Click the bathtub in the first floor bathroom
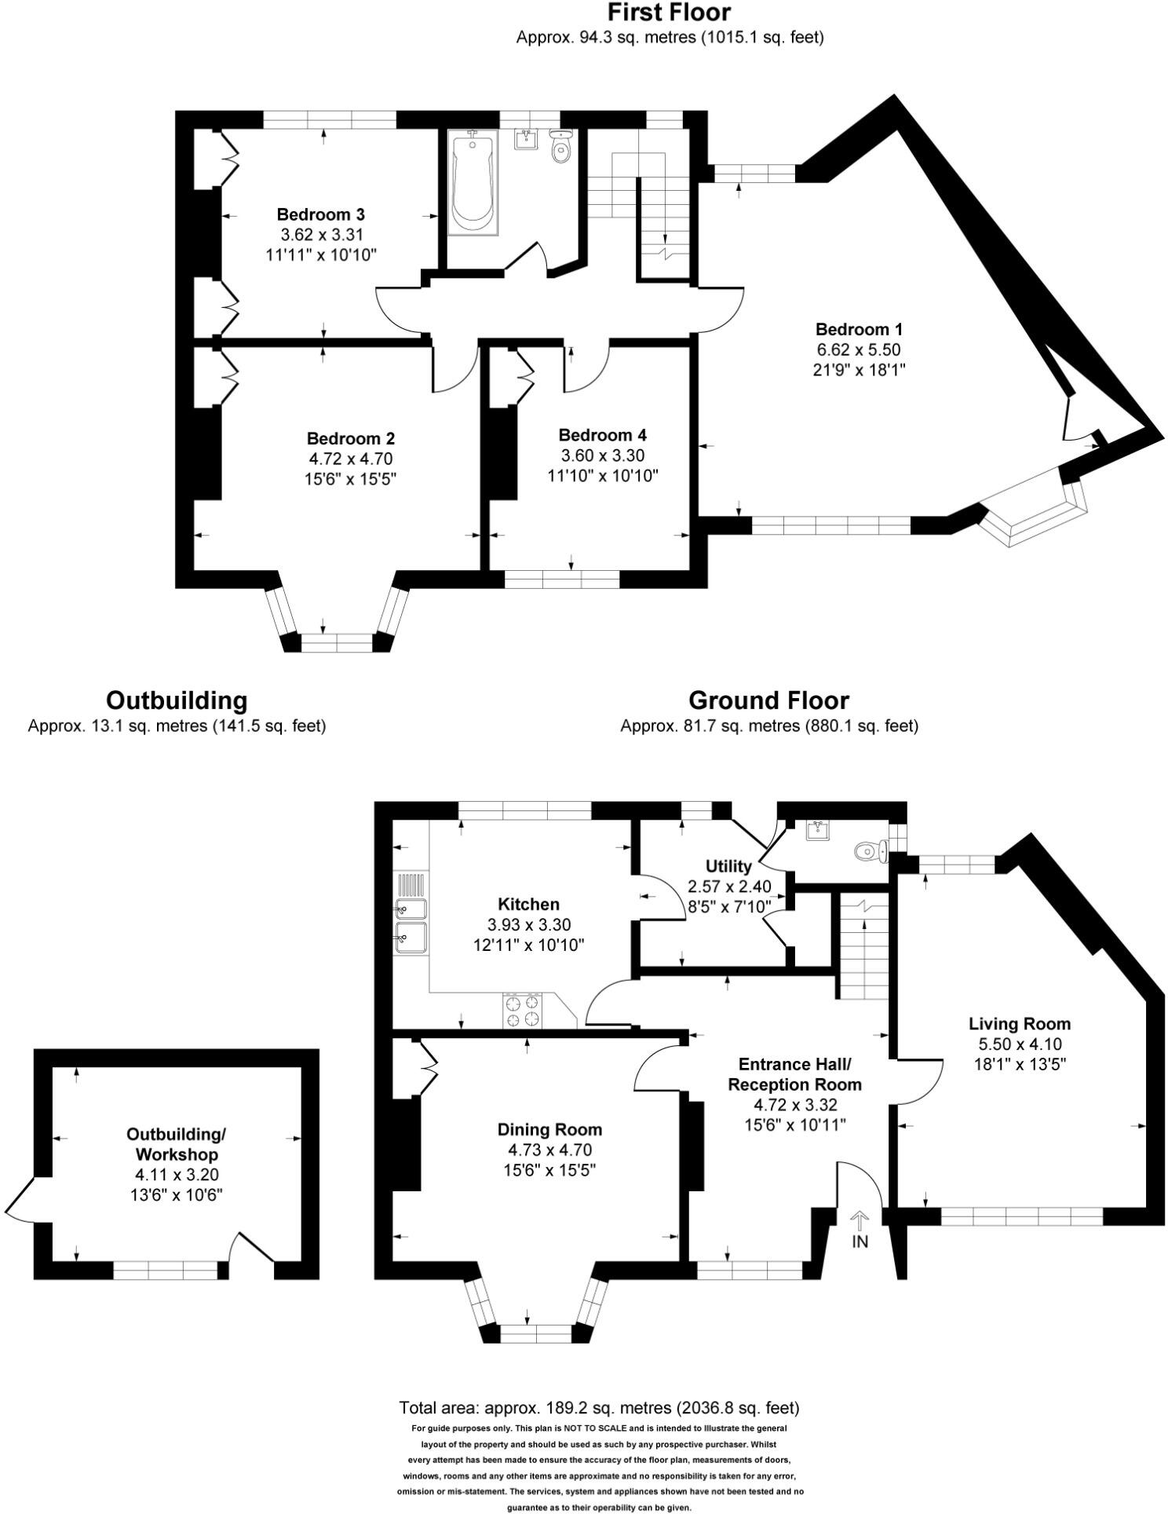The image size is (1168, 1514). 472,184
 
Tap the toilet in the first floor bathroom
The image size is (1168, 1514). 560,148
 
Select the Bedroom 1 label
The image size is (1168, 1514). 859,329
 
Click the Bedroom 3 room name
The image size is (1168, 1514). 320,214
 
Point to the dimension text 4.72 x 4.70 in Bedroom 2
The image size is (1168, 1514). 350,459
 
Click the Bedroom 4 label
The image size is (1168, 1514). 602,435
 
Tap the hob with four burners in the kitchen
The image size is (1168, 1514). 523,1010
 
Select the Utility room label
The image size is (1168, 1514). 728,866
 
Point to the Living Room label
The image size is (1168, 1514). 1019,1023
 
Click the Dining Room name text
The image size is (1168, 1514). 549,1129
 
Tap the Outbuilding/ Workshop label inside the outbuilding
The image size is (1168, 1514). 177,1144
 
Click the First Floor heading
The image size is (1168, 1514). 669,13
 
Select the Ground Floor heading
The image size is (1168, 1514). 768,700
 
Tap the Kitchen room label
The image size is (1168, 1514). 528,904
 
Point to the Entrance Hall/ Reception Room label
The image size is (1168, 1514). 794,1074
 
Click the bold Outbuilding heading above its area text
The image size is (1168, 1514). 177,700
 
